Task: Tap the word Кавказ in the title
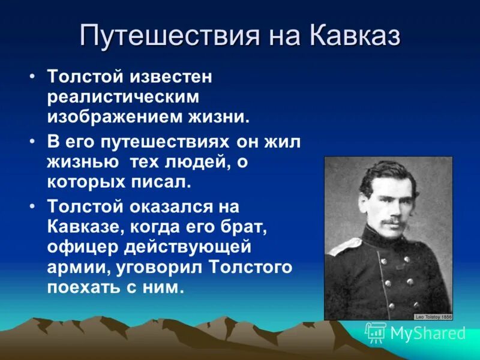click(x=355, y=37)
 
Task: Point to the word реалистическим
click(x=123, y=97)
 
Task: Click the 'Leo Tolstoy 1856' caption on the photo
click(x=433, y=317)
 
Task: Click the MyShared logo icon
click(x=376, y=332)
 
